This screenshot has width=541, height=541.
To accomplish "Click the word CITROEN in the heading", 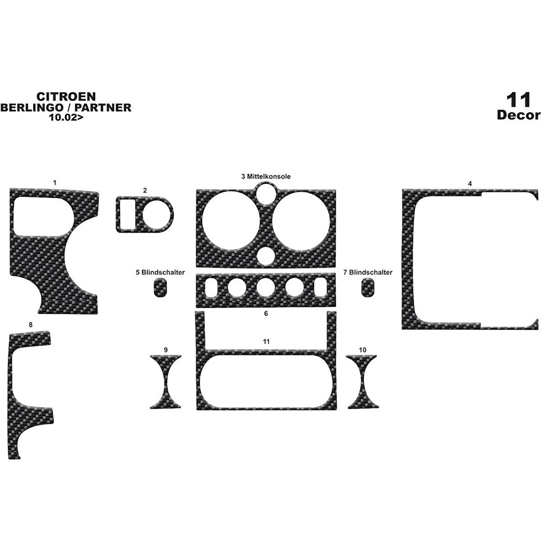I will click(x=66, y=97).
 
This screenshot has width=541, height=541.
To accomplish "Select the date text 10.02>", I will click(x=66, y=117).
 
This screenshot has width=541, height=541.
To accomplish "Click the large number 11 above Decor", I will click(x=518, y=100).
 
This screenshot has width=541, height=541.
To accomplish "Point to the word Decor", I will click(x=519, y=115).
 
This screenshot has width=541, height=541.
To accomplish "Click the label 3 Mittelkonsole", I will click(x=266, y=177).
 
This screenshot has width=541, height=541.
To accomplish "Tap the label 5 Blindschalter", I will click(x=160, y=272).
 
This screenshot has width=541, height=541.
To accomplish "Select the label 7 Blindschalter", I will click(x=368, y=272).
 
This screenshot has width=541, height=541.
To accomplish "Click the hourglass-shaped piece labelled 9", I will click(x=166, y=381).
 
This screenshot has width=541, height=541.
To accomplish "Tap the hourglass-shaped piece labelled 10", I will click(x=363, y=381).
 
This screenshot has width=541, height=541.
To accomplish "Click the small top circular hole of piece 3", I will click(x=265, y=193).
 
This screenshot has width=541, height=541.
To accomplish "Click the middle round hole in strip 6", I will click(x=265, y=288).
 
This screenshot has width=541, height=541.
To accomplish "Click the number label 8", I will click(x=31, y=325).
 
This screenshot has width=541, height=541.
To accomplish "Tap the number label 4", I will click(x=470, y=184).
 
